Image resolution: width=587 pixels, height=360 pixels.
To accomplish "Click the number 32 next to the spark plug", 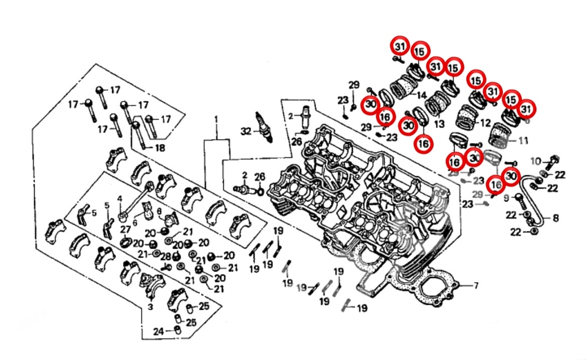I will click(x=245, y=132).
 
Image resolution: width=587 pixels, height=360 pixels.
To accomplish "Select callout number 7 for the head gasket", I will click(x=476, y=286).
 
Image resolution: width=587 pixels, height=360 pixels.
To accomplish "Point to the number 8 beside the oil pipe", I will click(x=555, y=218).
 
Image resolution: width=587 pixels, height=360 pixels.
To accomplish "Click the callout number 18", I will click(x=160, y=148).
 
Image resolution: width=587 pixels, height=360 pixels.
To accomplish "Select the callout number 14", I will click(x=421, y=95).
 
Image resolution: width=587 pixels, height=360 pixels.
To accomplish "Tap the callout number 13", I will click(x=439, y=124).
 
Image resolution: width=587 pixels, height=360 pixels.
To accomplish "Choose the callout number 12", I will click(x=485, y=123).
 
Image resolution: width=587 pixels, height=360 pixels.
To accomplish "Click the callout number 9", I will click(x=506, y=197).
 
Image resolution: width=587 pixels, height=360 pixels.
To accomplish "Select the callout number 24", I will click(x=158, y=331).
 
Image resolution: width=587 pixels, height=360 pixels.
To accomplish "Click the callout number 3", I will click(x=150, y=306).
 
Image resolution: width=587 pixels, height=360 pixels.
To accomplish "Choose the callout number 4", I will click(x=119, y=198).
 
